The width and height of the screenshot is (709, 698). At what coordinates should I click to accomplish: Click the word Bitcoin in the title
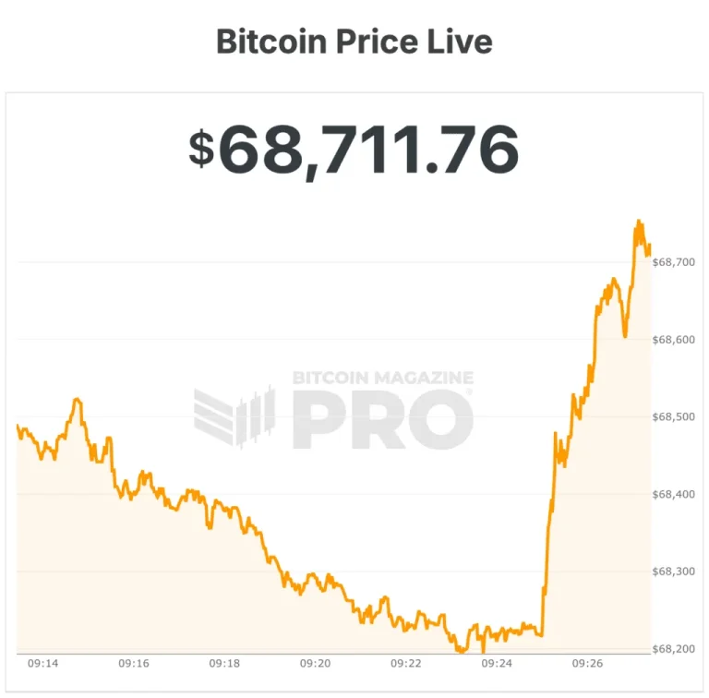pos(268,42)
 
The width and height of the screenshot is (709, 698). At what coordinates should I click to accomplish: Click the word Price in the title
pos(375,42)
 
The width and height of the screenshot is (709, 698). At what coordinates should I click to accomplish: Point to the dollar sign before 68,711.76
pos(200,149)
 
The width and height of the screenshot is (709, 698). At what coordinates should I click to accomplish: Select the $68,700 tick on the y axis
pos(673,262)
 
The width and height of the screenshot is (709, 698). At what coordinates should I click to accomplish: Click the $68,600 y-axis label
pos(673,340)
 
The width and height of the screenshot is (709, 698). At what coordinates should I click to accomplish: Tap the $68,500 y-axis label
pos(673,417)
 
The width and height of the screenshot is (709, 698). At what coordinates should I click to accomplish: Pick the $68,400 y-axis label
pos(673,495)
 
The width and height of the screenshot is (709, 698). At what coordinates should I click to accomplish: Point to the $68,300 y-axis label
pos(673,572)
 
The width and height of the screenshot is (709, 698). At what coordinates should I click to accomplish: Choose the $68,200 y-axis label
pos(673,649)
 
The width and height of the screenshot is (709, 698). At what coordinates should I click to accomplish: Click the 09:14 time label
pos(43,664)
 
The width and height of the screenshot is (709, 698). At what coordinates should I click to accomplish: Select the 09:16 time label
pos(134,664)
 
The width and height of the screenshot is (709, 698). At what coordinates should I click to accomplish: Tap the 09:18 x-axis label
pos(224,664)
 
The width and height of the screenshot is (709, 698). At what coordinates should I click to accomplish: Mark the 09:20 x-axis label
pos(316,664)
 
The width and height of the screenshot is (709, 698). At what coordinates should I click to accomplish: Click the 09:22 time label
pos(406,664)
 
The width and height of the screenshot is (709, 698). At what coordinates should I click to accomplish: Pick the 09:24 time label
pos(497,664)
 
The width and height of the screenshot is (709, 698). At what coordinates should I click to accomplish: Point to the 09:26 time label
pos(588,664)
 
